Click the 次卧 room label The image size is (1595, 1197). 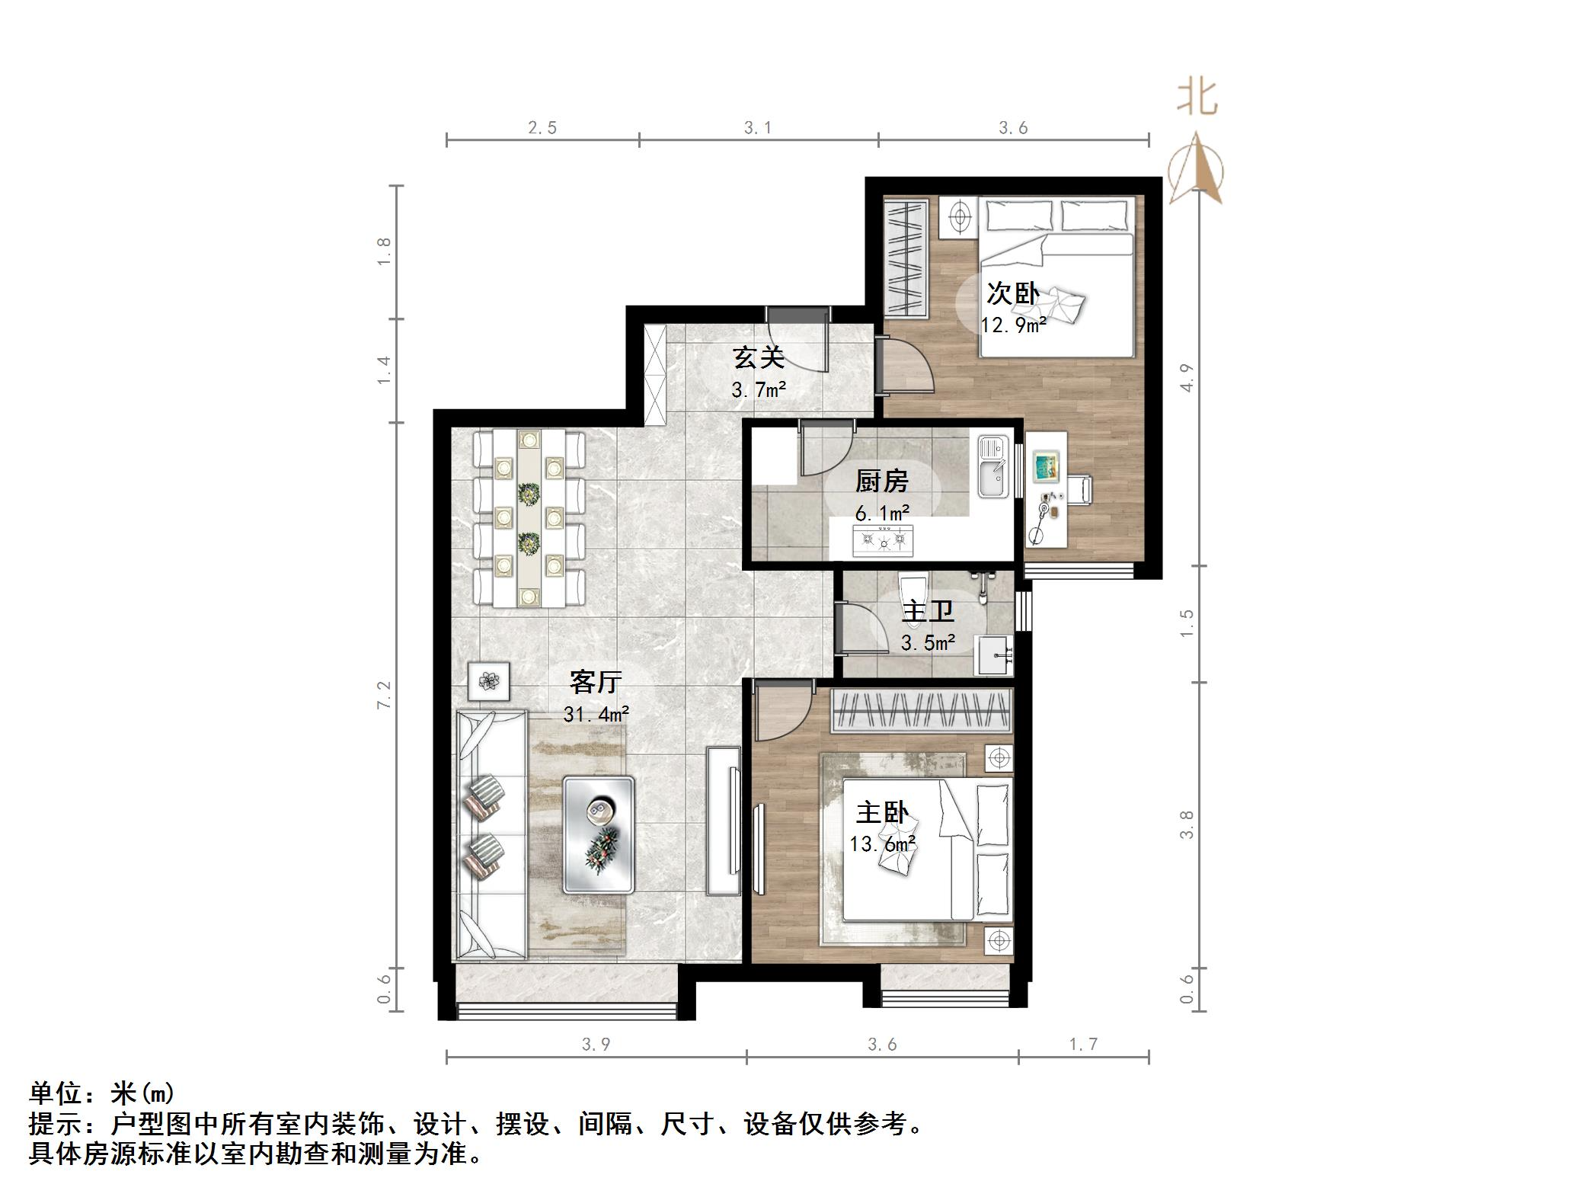click(1012, 293)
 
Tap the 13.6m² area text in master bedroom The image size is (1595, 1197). click(883, 844)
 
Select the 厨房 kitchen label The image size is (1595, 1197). click(881, 481)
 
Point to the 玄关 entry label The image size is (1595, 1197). click(758, 357)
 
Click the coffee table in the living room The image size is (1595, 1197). click(598, 834)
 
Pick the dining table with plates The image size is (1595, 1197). click(528, 519)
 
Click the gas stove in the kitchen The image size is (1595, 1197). click(882, 540)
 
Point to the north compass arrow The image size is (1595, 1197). click(1197, 171)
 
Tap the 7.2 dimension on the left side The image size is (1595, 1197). click(384, 695)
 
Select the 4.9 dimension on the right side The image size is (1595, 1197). click(1186, 377)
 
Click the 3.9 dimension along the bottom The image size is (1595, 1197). click(596, 1044)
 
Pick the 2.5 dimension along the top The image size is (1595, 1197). click(542, 128)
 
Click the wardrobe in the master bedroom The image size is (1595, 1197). click(921, 711)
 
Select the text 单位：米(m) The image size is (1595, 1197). click(101, 1093)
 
